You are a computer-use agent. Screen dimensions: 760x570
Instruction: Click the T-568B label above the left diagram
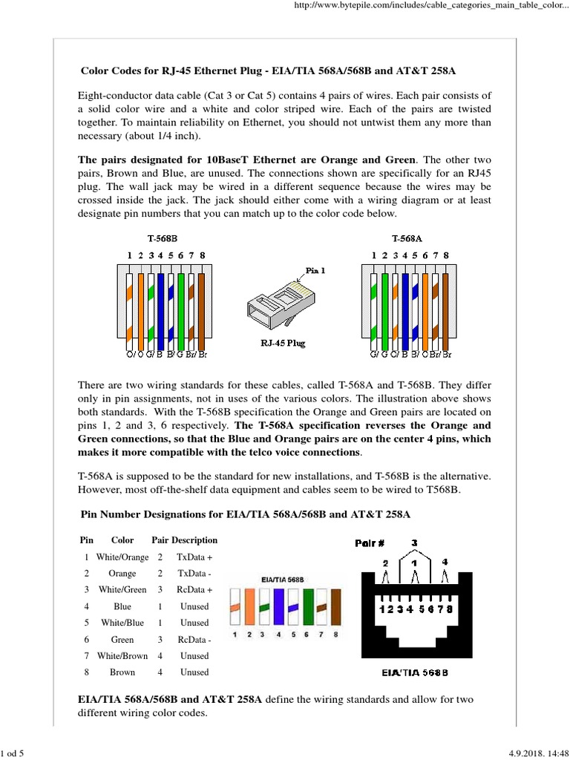163,238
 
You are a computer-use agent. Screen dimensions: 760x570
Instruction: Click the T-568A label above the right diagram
407,238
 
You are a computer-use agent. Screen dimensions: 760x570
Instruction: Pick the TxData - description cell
194,574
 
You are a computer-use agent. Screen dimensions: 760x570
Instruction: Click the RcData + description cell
194,590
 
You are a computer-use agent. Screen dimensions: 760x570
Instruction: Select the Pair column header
160,540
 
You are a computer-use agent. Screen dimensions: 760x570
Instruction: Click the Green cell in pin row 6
122,639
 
